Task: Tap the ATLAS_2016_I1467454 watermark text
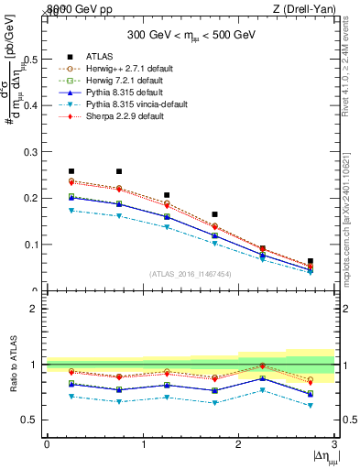(x=191, y=274)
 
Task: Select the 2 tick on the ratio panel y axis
(x=37, y=310)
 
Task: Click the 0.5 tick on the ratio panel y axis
(x=33, y=420)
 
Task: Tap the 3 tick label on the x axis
(x=335, y=444)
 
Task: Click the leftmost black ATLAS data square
(x=71, y=171)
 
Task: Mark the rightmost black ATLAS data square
(x=310, y=261)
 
